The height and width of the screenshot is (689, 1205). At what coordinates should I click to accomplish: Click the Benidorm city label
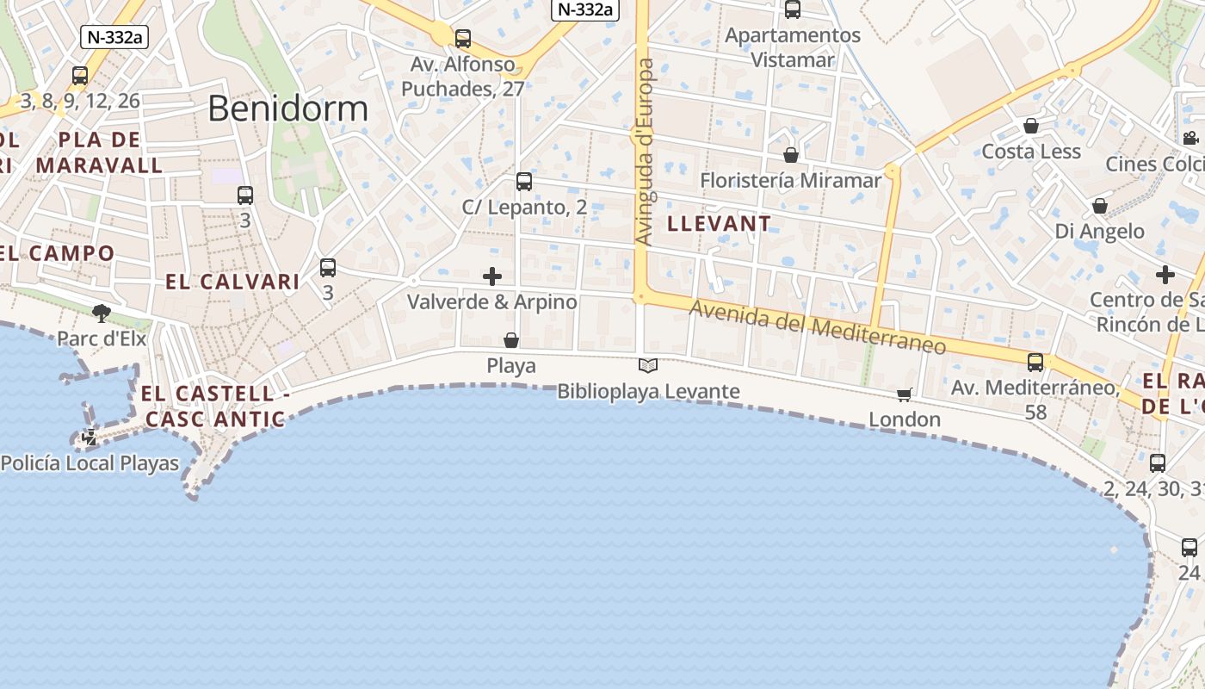coord(287,109)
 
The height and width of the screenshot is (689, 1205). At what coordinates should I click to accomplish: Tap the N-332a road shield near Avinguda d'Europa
coord(585,9)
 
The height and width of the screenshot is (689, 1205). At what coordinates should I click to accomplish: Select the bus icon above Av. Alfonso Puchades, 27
coord(463,38)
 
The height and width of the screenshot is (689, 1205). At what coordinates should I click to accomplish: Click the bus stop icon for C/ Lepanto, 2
coord(524,182)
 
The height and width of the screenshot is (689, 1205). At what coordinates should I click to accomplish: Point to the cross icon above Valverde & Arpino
coord(492,276)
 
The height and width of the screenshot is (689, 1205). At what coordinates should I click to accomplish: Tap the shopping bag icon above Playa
coord(511,340)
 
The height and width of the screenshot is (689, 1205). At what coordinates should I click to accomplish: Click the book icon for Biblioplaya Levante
coord(648,366)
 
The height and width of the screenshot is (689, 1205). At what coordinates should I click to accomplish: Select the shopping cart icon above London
coord(904,394)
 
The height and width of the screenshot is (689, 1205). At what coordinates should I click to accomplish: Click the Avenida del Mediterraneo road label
coord(817,328)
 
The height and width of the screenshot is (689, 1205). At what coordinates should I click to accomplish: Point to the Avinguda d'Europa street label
coord(645,152)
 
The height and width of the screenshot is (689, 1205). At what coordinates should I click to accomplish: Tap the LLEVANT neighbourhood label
coord(720,224)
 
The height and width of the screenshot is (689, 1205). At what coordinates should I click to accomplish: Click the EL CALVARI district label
coord(232,282)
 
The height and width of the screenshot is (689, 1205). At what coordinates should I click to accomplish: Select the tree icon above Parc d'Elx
coord(102,313)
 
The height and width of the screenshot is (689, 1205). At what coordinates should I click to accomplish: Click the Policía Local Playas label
coord(90,463)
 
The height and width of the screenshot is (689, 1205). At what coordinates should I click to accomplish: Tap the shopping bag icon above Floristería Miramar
coord(791,155)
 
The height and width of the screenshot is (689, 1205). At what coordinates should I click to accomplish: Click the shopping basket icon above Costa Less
coord(1031,127)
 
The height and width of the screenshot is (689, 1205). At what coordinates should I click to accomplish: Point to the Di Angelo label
coord(1100,231)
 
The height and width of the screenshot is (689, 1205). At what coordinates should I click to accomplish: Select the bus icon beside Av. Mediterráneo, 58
coord(1035,363)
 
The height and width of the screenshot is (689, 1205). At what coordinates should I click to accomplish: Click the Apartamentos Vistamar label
coord(793,47)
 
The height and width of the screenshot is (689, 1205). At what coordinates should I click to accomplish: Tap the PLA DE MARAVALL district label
coord(99,152)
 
